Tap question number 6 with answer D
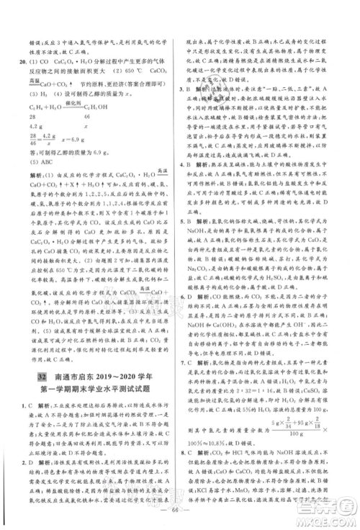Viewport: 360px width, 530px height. point(189,315)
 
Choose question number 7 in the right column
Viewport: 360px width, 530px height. point(189,383)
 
